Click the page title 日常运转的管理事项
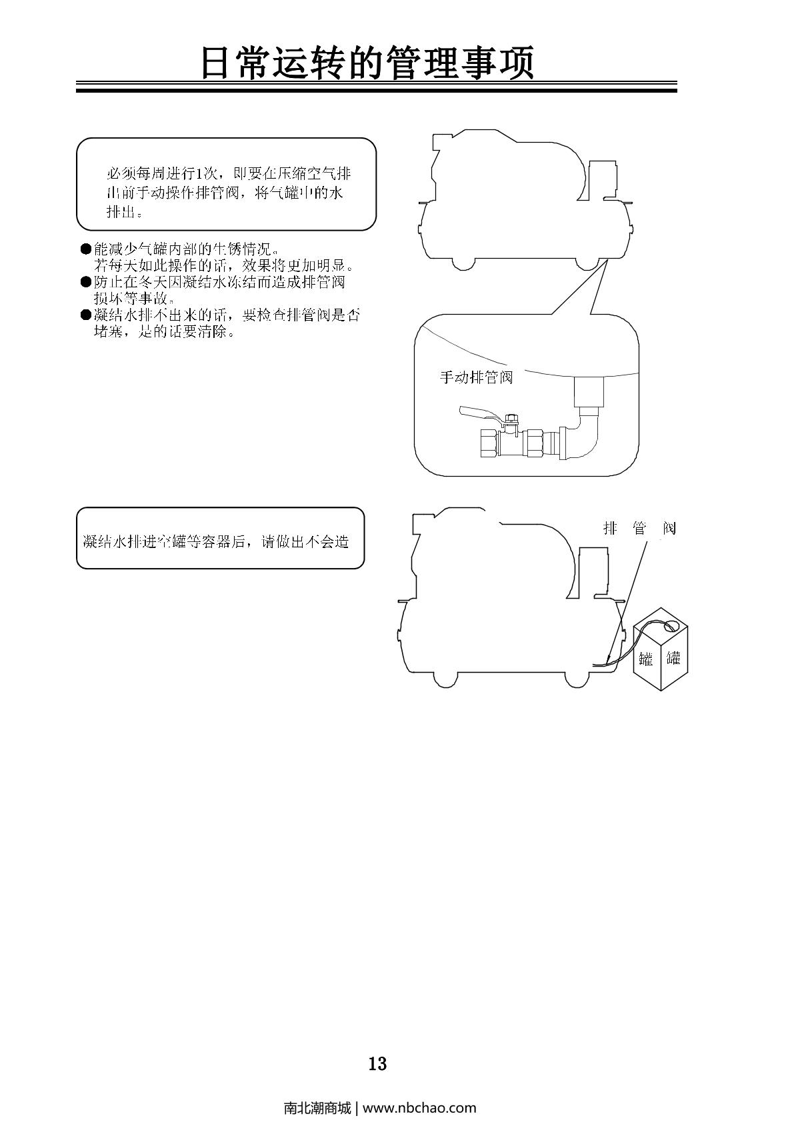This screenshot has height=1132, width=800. pos(368,64)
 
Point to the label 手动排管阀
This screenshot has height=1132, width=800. pos(476,377)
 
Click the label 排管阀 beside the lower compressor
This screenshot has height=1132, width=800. pos(639,529)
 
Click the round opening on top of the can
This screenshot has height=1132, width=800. pos(671,625)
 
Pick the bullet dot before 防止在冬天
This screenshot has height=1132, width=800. pos(85,282)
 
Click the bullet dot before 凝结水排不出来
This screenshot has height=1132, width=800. pos(85,315)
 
